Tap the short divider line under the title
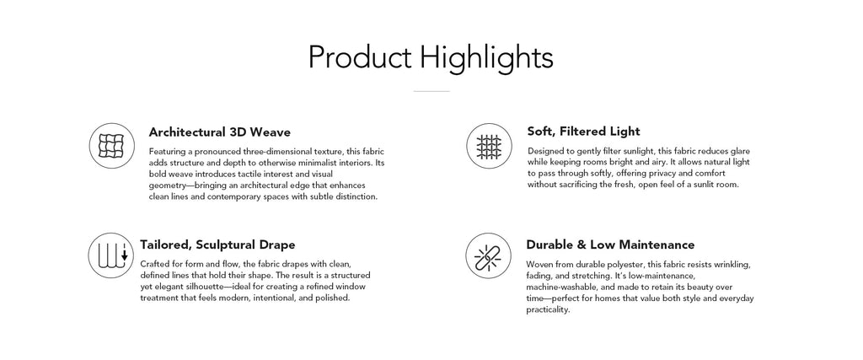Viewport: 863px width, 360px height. coord(431,91)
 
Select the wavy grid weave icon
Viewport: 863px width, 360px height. coord(112,146)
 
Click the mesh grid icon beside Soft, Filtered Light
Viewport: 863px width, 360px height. coord(489,146)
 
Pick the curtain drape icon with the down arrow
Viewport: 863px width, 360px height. coord(111,255)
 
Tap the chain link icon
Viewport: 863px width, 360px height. coord(488,255)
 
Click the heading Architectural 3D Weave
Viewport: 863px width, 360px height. coord(220,132)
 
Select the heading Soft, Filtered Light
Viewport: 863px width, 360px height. coord(583,132)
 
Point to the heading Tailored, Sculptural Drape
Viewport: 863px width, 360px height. coord(217,245)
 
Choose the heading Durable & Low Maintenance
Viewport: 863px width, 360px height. coord(610,244)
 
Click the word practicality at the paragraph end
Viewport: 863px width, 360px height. coord(548,310)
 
